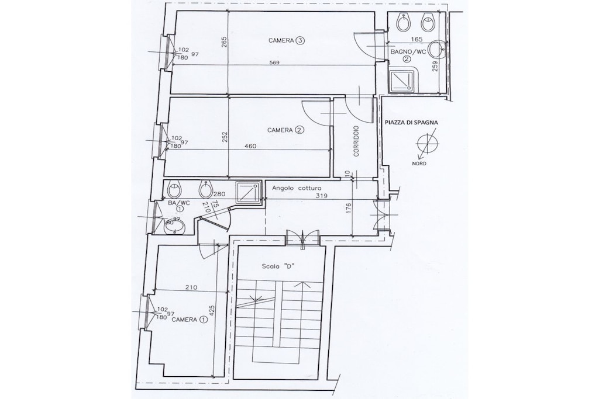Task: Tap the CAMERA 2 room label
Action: click(x=285, y=130)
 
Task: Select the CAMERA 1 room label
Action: click(x=190, y=320)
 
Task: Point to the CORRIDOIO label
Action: click(x=356, y=141)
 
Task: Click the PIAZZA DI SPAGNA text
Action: click(x=411, y=123)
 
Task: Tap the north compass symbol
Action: click(x=426, y=144)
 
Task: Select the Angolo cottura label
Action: click(x=297, y=188)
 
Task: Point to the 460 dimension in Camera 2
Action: click(x=250, y=145)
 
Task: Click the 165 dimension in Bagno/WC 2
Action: click(x=417, y=39)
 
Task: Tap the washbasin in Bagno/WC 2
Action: click(x=435, y=50)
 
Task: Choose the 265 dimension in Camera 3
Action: click(x=224, y=42)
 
